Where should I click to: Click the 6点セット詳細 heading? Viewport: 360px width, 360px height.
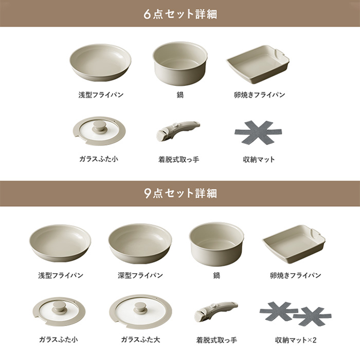pyautogui.click(x=180, y=14)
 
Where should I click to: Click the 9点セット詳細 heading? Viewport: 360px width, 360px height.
pyautogui.click(x=180, y=193)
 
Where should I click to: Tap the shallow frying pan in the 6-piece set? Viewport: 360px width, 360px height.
pyautogui.click(x=100, y=62)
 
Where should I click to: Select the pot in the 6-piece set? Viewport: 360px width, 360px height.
pyautogui.click(x=180, y=63)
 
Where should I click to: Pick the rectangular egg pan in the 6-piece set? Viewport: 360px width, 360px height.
pyautogui.click(x=258, y=64)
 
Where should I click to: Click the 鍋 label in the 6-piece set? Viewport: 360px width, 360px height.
pyautogui.click(x=180, y=95)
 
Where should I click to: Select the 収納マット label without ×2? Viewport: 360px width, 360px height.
pyautogui.click(x=259, y=159)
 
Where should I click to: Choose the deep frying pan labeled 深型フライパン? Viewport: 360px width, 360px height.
pyautogui.click(x=140, y=243)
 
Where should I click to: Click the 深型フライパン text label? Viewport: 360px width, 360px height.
pyautogui.click(x=140, y=275)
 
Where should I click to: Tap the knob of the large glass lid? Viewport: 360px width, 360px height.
pyautogui.click(x=140, y=308)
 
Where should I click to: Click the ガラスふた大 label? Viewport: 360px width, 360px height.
pyautogui.click(x=140, y=339)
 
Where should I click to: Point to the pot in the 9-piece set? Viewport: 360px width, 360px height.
pyautogui.click(x=217, y=244)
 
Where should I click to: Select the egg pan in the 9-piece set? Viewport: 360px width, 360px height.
pyautogui.click(x=294, y=244)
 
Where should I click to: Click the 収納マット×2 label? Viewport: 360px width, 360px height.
pyautogui.click(x=296, y=340)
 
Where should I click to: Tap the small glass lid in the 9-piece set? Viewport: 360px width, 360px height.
pyautogui.click(x=59, y=311)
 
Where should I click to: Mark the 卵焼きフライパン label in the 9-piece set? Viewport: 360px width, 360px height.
pyautogui.click(x=296, y=275)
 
